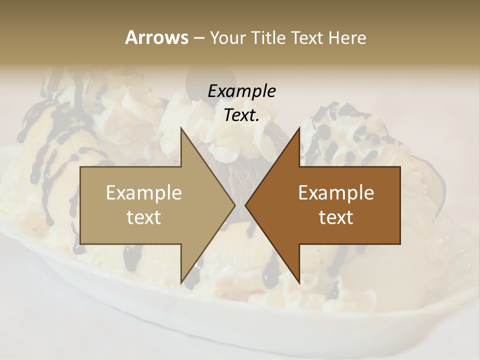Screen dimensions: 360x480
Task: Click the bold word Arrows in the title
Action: click(156, 37)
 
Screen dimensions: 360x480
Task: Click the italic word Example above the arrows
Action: click(241, 91)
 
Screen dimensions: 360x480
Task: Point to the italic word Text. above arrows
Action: click(241, 115)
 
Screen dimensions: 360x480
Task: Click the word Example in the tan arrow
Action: click(144, 192)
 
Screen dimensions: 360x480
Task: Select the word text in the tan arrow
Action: click(144, 217)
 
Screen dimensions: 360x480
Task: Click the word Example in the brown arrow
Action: click(336, 192)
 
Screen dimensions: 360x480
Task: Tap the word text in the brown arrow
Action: click(336, 217)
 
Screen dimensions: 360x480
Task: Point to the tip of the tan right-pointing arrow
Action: click(235, 205)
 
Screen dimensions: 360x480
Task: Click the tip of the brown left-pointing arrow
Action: click(245, 205)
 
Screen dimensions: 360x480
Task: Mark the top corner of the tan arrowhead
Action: click(181, 128)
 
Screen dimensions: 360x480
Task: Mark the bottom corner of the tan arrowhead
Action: click(181, 283)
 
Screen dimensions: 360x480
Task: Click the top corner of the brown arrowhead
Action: click(299, 128)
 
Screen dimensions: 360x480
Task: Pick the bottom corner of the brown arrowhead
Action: click(299, 283)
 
